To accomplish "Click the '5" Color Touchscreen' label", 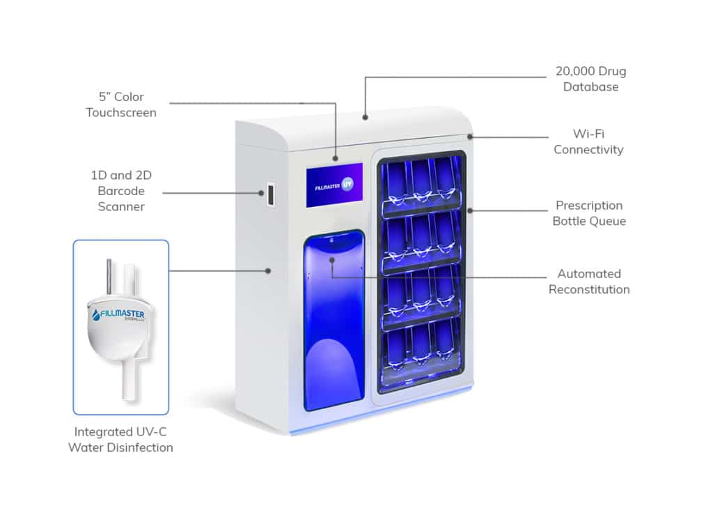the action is pyautogui.click(x=121, y=105).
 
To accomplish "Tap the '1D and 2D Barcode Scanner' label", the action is pyautogui.click(x=121, y=191).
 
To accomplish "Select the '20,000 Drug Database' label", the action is pyautogui.click(x=590, y=79).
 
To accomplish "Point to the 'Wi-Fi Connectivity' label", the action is pyautogui.click(x=588, y=141).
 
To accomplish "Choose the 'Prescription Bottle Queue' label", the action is pyautogui.click(x=589, y=213).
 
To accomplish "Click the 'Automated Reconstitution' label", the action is pyautogui.click(x=589, y=282).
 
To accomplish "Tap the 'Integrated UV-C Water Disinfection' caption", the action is pyautogui.click(x=120, y=440).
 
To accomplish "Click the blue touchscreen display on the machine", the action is pyautogui.click(x=334, y=185).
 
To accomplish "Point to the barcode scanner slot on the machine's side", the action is pyautogui.click(x=271, y=194).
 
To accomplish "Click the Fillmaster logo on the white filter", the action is pyautogui.click(x=118, y=314).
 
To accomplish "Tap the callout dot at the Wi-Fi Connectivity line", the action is pyautogui.click(x=470, y=137).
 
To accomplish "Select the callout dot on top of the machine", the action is pyautogui.click(x=365, y=117).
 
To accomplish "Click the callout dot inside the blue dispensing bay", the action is pyautogui.click(x=332, y=260).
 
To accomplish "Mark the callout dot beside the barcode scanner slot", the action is pyautogui.click(x=261, y=193).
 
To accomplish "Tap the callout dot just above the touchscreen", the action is pyautogui.click(x=336, y=158).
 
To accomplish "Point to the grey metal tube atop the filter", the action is pyautogui.click(x=109, y=276).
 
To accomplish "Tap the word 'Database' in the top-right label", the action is pyautogui.click(x=590, y=86).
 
